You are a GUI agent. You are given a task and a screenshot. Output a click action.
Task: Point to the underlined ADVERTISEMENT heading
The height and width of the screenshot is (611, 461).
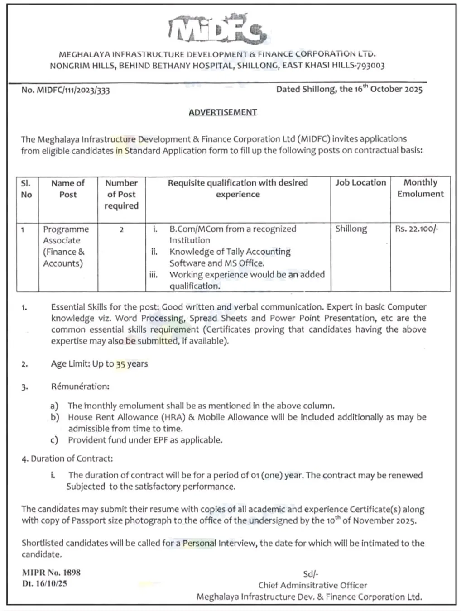(x=223, y=112)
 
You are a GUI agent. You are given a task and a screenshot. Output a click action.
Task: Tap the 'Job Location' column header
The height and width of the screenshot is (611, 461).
(x=360, y=182)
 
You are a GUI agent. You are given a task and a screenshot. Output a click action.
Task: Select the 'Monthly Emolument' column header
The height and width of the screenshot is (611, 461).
(x=420, y=188)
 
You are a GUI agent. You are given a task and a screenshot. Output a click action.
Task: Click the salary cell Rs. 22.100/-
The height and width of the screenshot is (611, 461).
(x=416, y=229)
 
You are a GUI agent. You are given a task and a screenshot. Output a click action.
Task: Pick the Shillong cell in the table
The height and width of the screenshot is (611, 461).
(x=351, y=229)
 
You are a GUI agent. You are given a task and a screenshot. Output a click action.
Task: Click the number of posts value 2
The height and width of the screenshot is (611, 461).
(x=121, y=230)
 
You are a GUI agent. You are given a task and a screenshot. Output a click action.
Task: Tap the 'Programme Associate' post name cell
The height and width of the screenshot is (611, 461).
(x=66, y=246)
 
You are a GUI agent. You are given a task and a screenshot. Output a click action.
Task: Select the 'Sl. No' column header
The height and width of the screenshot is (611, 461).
(x=27, y=189)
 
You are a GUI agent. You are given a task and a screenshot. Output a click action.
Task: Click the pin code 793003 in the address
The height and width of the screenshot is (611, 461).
(x=370, y=66)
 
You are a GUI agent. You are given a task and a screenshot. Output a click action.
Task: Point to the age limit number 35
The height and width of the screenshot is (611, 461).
(x=120, y=364)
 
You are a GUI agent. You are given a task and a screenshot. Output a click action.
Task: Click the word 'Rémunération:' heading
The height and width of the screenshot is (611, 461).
(x=80, y=387)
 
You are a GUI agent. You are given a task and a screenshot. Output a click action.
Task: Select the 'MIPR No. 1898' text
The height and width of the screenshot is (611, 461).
(x=51, y=573)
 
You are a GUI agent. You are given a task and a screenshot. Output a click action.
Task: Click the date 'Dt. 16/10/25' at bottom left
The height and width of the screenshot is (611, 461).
(x=44, y=583)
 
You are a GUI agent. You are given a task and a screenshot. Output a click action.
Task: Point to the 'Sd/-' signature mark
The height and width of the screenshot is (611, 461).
(x=311, y=574)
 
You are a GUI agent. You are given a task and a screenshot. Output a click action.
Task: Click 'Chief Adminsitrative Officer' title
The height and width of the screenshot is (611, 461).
(x=312, y=585)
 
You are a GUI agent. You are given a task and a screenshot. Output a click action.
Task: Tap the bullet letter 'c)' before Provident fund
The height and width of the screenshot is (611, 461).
(x=54, y=440)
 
